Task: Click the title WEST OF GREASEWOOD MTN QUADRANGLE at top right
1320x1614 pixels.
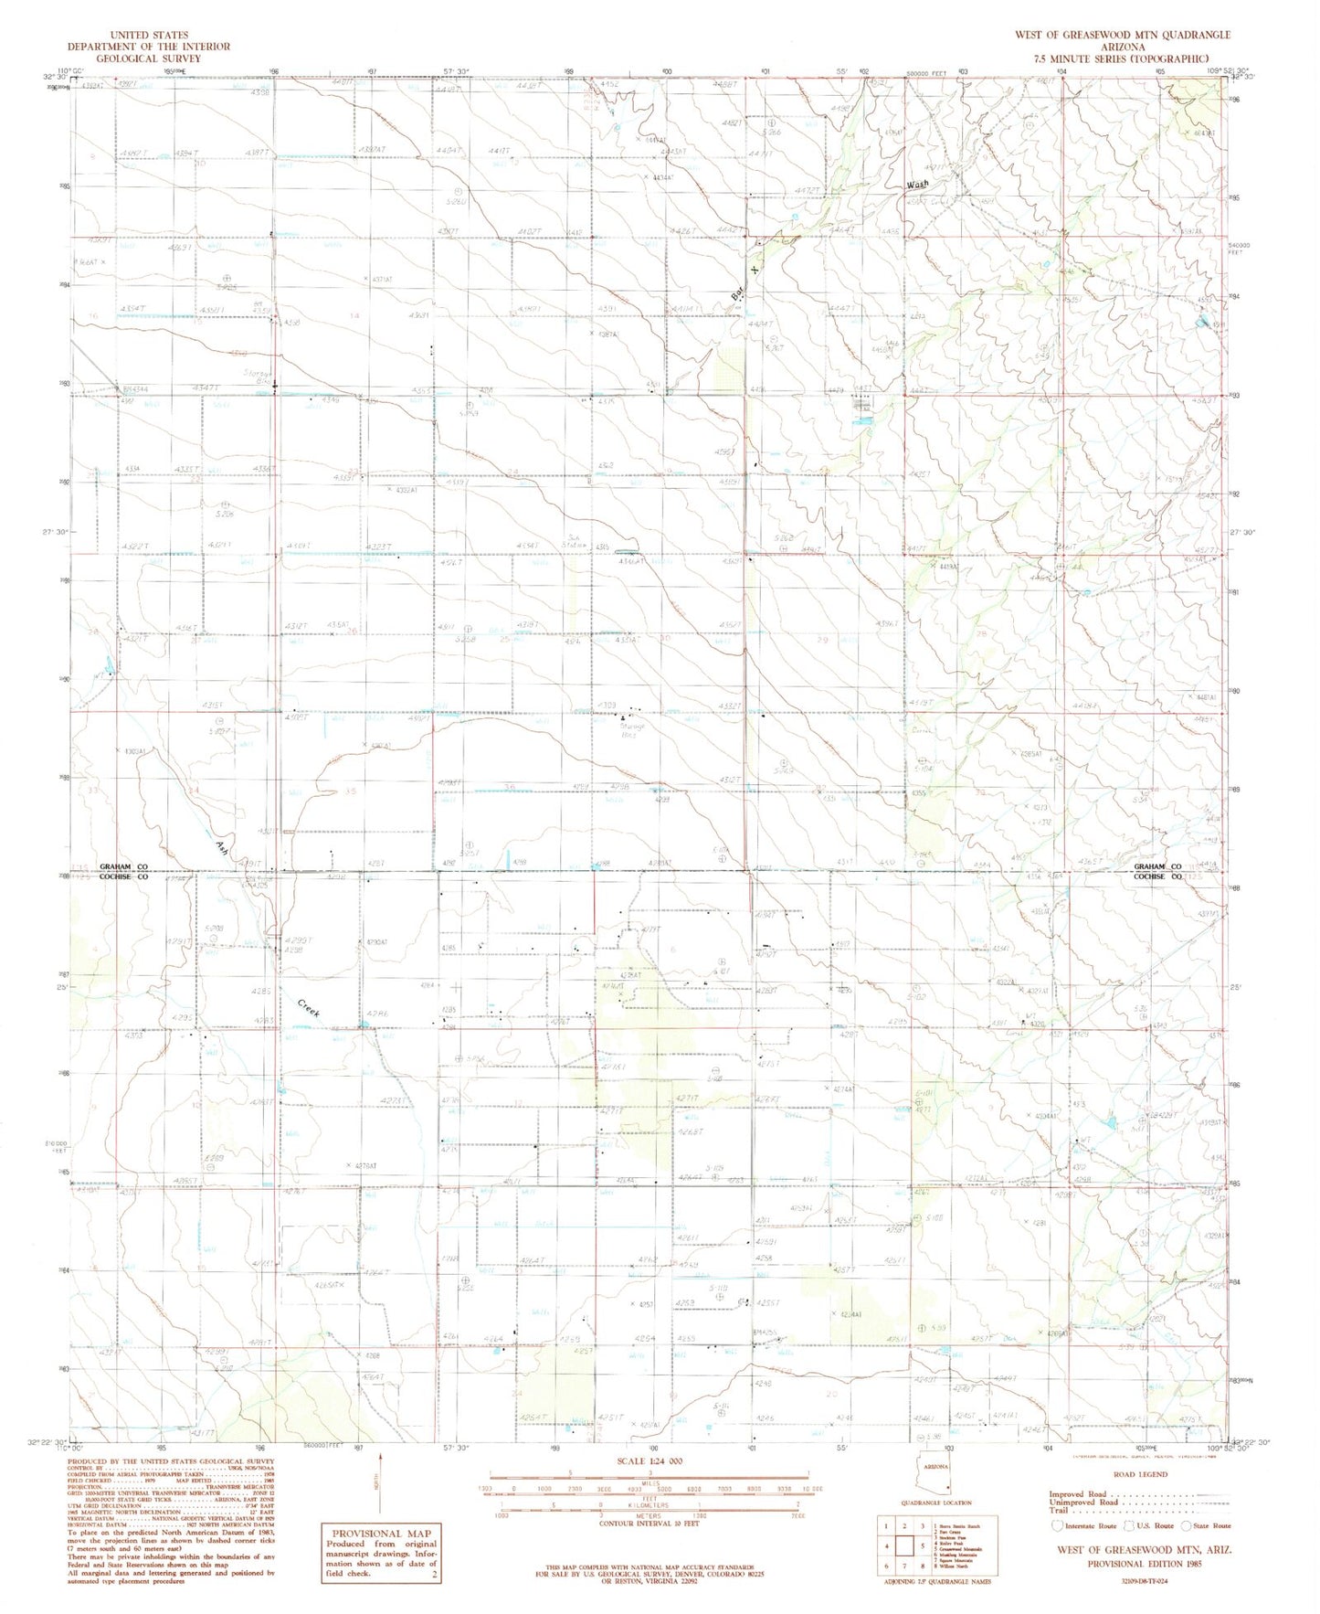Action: pos(1122,35)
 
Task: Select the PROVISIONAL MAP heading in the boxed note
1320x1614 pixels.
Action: pos(379,1534)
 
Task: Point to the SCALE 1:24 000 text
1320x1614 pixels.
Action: pos(649,1460)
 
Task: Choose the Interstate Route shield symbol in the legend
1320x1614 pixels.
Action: pos(1058,1525)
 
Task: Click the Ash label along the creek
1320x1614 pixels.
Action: pos(222,849)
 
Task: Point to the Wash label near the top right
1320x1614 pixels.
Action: pos(917,185)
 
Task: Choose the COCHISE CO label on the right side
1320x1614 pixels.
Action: pos(1157,876)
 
